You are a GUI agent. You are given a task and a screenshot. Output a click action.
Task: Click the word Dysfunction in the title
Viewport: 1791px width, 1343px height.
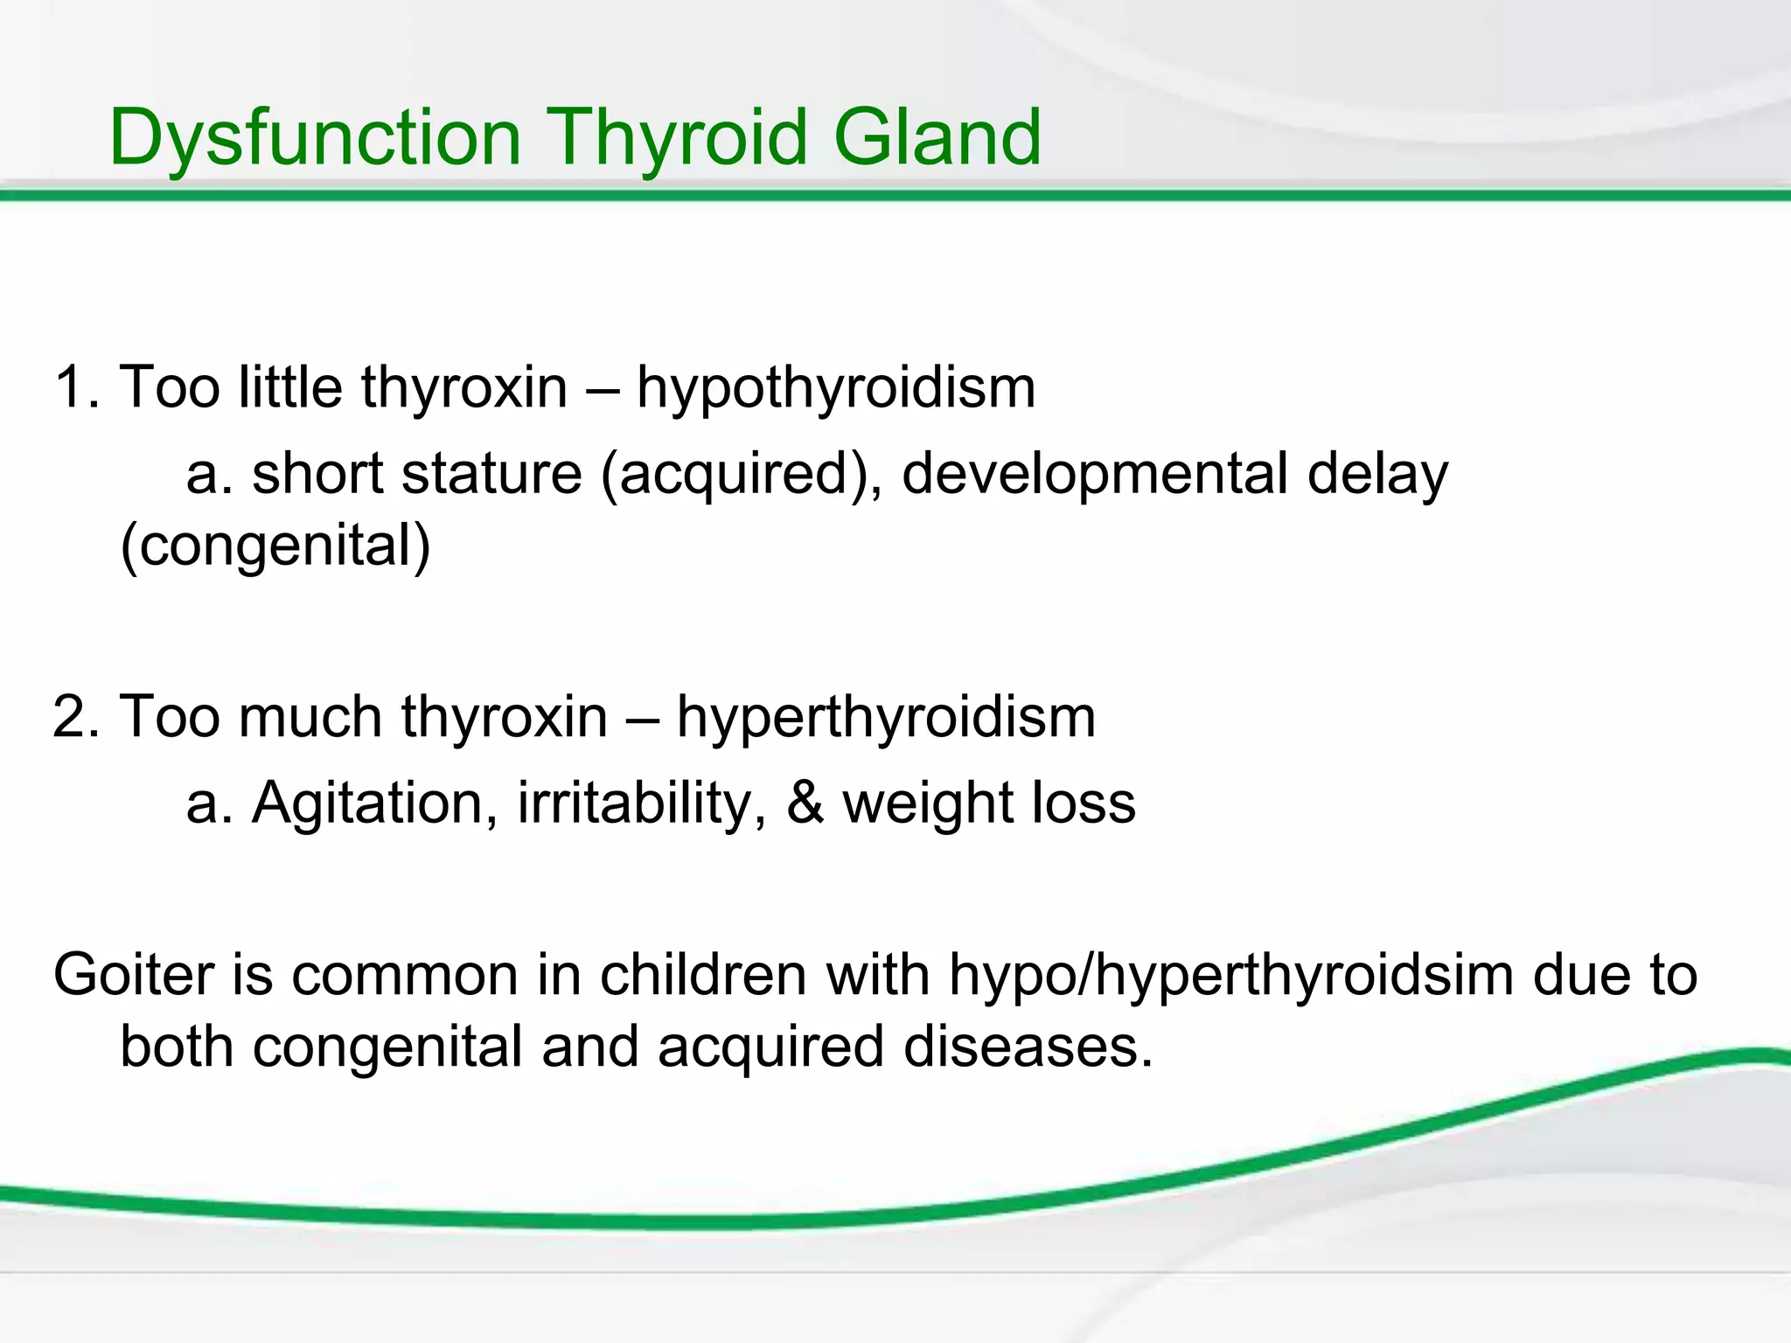315,138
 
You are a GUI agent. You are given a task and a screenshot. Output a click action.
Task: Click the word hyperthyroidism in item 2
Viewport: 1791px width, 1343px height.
885,717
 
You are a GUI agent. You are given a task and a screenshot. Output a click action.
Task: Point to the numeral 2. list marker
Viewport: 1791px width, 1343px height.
77,717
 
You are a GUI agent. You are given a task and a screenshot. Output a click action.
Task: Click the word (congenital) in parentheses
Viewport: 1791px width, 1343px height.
275,546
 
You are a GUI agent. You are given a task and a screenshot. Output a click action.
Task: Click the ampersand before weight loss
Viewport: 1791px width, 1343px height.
805,803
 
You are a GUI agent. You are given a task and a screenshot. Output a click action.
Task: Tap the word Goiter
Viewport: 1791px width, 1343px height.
133,975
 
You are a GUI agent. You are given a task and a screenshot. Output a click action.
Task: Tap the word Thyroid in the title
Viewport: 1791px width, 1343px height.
679,138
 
